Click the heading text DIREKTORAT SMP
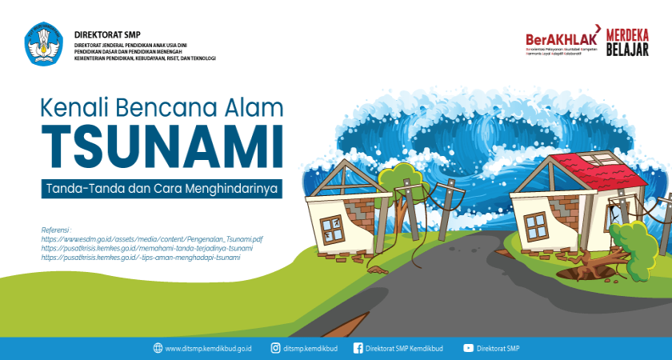(102, 34)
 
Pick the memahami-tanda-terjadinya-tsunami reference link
(135, 249)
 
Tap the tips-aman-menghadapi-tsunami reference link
(140, 258)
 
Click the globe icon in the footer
(158, 348)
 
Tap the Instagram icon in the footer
(275, 348)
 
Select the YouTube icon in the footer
(468, 348)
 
